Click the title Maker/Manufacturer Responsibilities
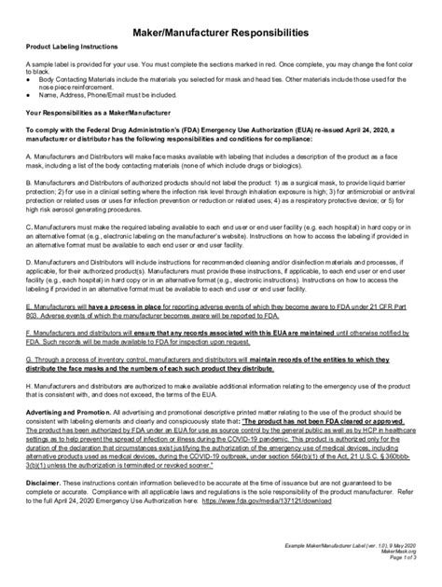point(220,34)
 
